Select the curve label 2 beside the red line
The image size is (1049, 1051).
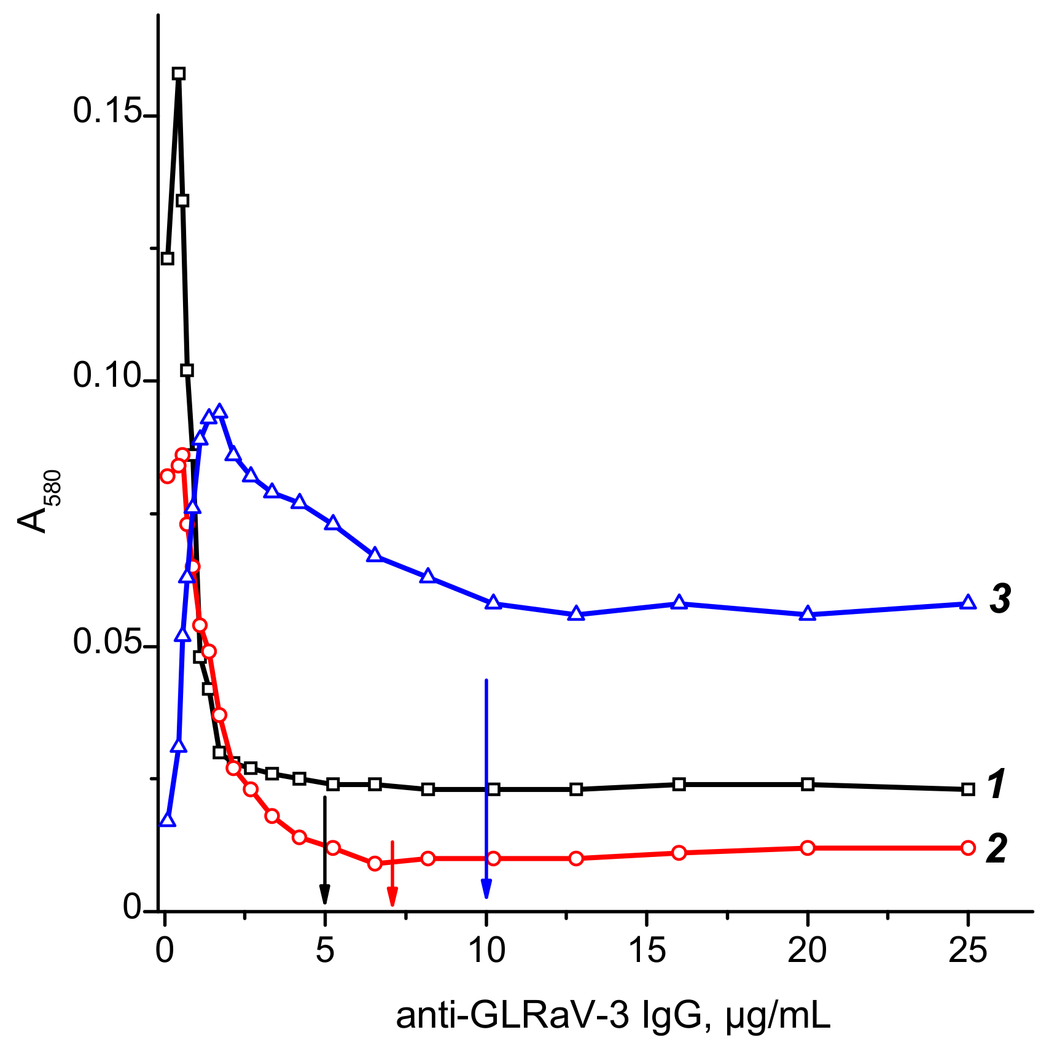996,850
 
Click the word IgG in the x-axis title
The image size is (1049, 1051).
673,1017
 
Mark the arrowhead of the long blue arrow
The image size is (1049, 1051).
486,890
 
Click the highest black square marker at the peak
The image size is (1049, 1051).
179,74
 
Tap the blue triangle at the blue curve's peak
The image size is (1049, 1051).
219,411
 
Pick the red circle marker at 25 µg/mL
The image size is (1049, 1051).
968,848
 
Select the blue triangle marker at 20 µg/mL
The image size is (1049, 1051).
808,614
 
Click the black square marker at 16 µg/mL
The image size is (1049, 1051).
679,784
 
